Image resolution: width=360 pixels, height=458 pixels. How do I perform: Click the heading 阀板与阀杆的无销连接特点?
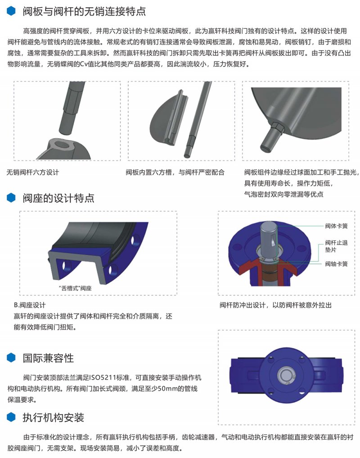pos(84,11)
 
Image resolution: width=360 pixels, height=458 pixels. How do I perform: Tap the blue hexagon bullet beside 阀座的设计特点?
pos(11,198)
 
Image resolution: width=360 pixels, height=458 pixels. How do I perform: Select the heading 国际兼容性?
pos(48,358)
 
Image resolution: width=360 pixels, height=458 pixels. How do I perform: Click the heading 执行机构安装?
pos(54,417)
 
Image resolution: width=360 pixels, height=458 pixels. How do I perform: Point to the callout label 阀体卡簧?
pos(336,226)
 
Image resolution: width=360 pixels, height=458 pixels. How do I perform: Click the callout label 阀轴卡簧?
pos(336,264)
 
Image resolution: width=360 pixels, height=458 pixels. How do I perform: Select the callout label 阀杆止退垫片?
pos(336,246)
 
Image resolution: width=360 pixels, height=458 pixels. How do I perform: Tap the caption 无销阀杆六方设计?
pos(33,172)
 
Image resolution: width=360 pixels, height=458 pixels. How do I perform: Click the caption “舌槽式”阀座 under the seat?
pos(75,288)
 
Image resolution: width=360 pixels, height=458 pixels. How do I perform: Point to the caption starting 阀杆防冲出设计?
pos(275,305)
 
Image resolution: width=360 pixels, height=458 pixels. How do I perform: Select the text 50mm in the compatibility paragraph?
pos(167,389)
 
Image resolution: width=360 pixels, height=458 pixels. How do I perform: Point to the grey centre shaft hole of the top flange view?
pos(285,375)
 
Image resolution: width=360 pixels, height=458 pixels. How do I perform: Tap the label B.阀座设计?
pos(30,305)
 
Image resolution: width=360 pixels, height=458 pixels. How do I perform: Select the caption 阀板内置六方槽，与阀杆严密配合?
pos(175,172)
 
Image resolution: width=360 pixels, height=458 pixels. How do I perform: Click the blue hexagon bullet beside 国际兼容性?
pos(11,358)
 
